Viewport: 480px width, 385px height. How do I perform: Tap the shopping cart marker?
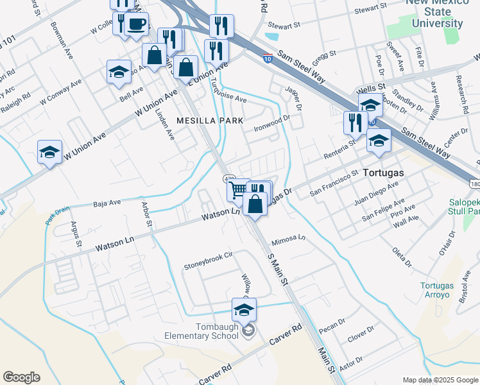[x=238, y=189]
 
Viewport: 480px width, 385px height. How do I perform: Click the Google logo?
[x=21, y=377]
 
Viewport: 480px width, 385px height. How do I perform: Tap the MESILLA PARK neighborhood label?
[x=210, y=121]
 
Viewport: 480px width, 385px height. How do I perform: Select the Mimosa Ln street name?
[x=288, y=241]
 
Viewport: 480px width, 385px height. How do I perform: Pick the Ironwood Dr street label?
[x=273, y=121]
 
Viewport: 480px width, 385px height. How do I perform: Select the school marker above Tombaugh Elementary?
[x=244, y=310]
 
